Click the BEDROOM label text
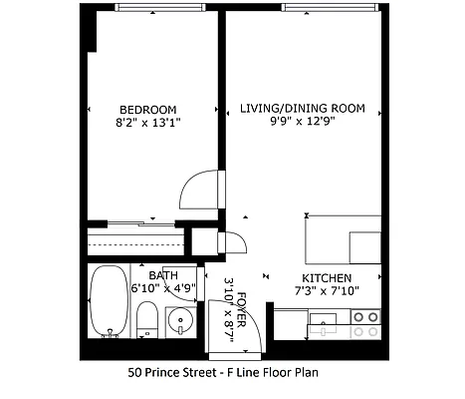[x=147, y=110]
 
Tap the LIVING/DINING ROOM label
[x=302, y=108]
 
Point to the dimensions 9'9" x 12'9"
[x=301, y=122]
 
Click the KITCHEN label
[x=326, y=278]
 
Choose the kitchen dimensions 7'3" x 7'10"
[x=326, y=291]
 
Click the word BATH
[x=162, y=276]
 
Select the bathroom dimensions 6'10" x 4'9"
[x=163, y=290]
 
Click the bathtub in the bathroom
[x=105, y=302]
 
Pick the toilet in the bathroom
[x=146, y=318]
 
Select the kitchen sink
[x=324, y=322]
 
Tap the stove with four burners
[x=365, y=323]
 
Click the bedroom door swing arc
[x=197, y=189]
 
